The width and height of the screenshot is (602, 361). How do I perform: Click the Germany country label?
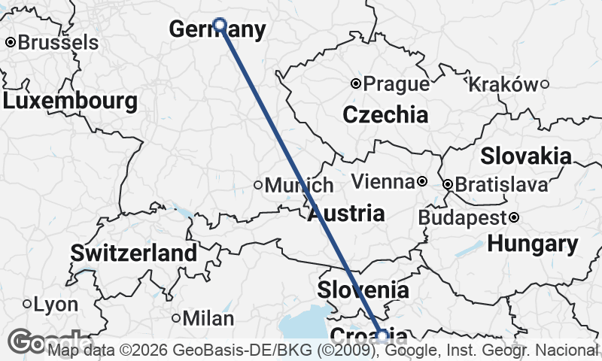click(x=217, y=30)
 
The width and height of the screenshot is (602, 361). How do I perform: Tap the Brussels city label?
click(x=57, y=43)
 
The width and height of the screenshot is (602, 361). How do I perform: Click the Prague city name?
click(x=396, y=83)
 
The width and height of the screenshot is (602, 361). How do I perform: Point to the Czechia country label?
click(x=385, y=115)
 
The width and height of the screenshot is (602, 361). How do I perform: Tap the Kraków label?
click(x=503, y=84)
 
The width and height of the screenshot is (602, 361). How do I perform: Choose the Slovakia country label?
click(x=525, y=156)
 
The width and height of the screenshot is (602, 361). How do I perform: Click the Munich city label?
click(x=298, y=185)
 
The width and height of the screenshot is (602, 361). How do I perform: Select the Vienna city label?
click(x=383, y=182)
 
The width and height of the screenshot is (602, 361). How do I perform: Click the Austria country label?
click(x=346, y=213)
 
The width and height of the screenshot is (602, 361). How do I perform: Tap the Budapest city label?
click(x=461, y=218)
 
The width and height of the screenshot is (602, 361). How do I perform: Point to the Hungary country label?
click(x=533, y=244)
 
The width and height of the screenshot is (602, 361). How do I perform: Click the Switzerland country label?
click(x=134, y=253)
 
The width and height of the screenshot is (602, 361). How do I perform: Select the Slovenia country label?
click(x=363, y=290)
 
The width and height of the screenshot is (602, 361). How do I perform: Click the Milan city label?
click(x=208, y=319)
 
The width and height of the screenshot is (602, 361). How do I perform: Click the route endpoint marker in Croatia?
click(x=382, y=335)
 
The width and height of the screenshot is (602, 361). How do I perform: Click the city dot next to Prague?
click(x=357, y=83)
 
